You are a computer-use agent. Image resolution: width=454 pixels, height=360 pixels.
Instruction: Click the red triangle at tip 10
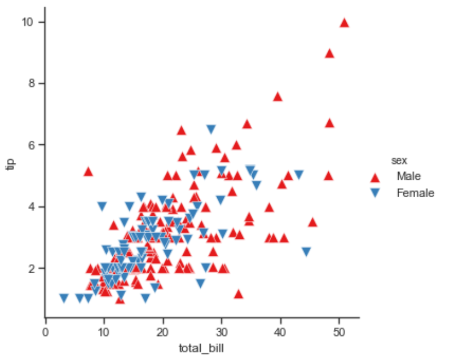pos(344,23)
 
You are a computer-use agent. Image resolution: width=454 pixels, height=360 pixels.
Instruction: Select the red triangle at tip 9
pos(329,54)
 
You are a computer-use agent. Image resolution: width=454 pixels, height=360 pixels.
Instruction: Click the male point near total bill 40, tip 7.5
pos(277,97)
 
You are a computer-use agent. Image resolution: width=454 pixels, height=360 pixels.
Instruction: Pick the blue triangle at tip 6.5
pos(211,129)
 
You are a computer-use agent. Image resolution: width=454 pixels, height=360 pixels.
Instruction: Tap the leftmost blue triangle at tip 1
pos(64,298)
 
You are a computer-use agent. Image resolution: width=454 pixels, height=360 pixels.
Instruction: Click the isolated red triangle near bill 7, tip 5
pos(89,172)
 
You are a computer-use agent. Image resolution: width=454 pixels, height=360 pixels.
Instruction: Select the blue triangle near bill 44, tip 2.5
pos(306,252)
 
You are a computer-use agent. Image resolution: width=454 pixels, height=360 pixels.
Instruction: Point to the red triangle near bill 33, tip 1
pos(239,294)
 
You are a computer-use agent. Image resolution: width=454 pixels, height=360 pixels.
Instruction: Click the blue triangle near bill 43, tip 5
pos(299,175)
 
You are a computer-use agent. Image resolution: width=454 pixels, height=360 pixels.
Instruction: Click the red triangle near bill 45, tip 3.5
pos(312,223)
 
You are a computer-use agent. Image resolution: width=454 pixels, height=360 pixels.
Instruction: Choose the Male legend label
pos(409,176)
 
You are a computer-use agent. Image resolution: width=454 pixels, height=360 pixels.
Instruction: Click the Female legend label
pos(416,193)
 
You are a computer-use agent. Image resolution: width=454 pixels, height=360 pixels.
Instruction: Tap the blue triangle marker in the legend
pos(375,193)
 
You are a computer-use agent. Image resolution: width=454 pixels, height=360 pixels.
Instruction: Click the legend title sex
pos(399,161)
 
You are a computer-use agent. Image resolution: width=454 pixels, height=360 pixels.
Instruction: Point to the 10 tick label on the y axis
pos(28,22)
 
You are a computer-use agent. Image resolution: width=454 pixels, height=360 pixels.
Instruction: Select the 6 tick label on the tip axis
pos(31,145)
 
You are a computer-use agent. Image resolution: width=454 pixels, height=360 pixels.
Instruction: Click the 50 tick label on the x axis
pos(339,332)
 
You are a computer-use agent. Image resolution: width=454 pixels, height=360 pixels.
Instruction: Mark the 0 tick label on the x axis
pos(46,332)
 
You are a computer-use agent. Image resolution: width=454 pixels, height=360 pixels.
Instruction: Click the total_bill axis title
pos(201,348)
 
